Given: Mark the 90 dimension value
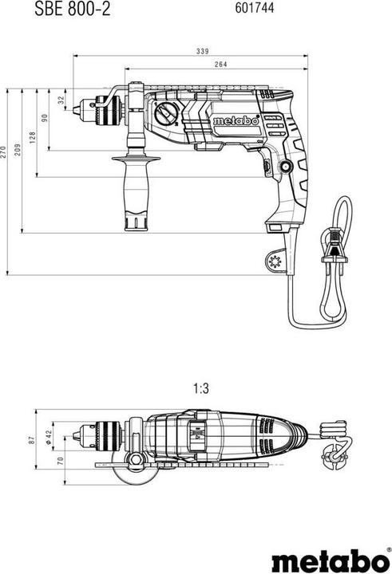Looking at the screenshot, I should (x=46, y=118).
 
